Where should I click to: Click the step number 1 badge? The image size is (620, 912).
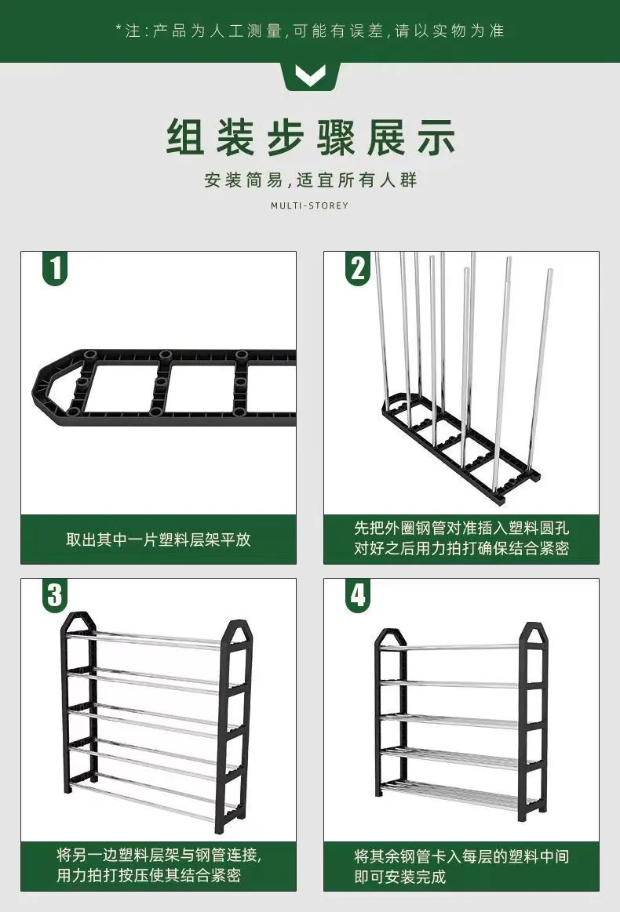pos(55,269)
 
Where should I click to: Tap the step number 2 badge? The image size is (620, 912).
pos(358,269)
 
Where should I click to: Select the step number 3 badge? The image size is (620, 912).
pos(55,596)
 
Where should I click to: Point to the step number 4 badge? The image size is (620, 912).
pos(358,596)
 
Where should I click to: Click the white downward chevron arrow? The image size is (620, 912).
pos(310,75)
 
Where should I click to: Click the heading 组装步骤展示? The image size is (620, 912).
pos(310,138)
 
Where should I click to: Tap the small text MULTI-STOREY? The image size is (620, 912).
pos(310,205)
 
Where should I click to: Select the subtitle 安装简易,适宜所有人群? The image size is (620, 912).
pos(310,180)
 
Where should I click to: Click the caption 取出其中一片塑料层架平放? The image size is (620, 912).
pos(159,540)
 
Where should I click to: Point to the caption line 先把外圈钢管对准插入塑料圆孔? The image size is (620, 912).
pos(461,528)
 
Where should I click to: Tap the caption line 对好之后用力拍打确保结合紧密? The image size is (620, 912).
pos(461,548)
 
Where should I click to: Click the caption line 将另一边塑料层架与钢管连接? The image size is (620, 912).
pos(159,855)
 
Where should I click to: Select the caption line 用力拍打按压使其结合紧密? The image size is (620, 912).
pos(148,875)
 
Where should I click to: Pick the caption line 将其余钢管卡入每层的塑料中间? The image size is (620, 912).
pos(461,856)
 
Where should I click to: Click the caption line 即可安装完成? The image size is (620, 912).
pos(400,876)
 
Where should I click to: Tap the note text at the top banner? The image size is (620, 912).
pos(310,31)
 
